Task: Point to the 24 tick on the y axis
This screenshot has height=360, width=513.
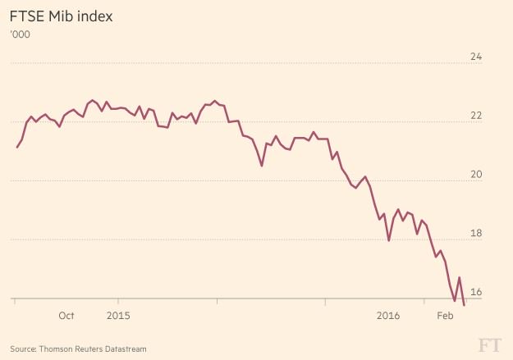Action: click(475, 57)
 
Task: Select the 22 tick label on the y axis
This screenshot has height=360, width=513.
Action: click(475, 116)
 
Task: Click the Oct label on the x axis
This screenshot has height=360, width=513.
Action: click(66, 316)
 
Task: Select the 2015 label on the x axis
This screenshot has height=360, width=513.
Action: click(119, 316)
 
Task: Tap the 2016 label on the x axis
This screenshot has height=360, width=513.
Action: click(387, 316)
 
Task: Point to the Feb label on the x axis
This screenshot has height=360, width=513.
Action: click(445, 316)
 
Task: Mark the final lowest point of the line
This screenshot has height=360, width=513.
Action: click(465, 305)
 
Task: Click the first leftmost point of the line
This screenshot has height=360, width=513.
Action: click(17, 148)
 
